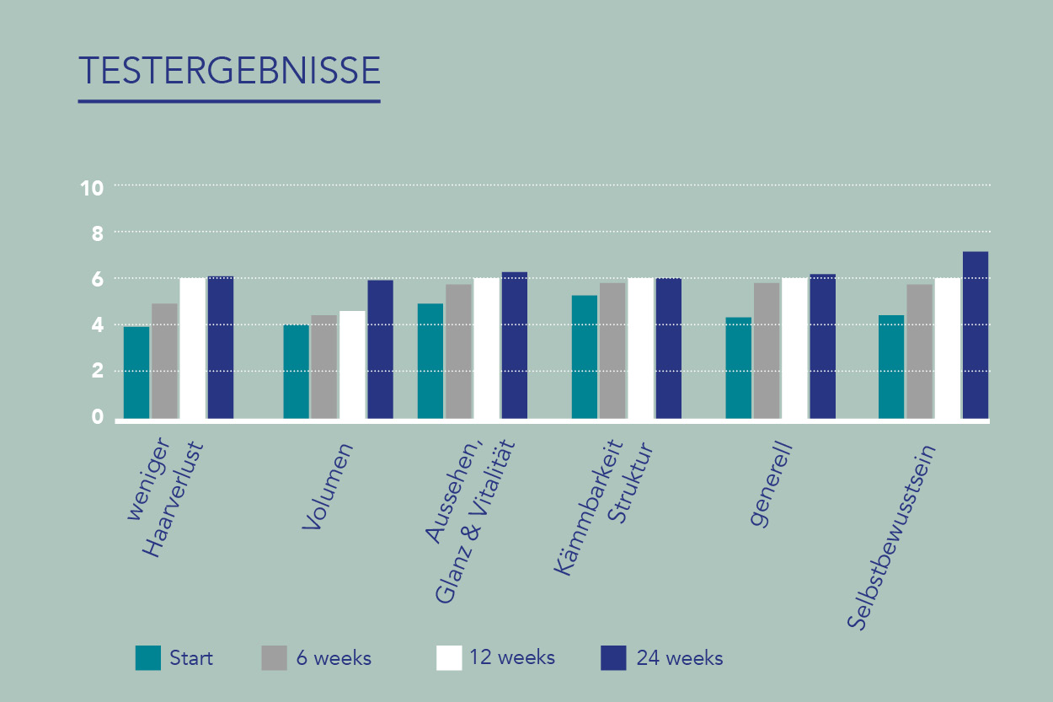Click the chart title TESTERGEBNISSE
(229, 71)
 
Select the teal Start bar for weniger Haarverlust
(136, 372)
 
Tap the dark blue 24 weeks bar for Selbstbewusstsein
(975, 335)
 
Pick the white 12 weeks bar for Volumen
(352, 365)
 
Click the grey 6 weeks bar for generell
(767, 351)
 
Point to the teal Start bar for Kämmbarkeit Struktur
(585, 357)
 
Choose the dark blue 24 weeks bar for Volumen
(380, 349)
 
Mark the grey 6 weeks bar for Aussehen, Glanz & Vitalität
(458, 351)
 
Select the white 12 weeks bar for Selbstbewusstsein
(947, 348)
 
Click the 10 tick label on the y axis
(92, 188)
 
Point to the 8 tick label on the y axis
(97, 233)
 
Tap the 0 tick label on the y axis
(97, 417)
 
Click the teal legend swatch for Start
(148, 657)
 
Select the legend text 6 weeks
(334, 658)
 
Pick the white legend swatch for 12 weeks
(449, 657)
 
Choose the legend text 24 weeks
(680, 658)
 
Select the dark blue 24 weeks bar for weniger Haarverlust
(221, 347)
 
